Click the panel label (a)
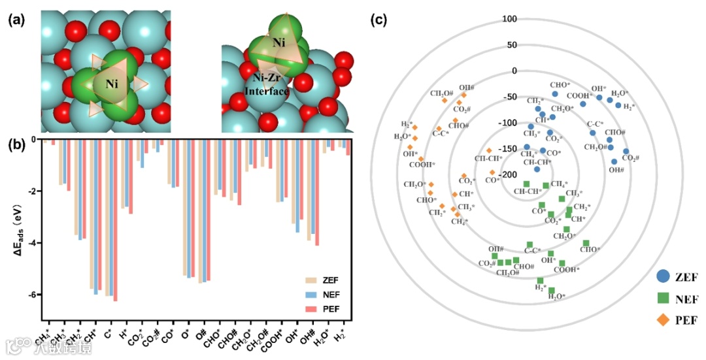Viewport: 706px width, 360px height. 16,19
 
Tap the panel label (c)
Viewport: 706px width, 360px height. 379,19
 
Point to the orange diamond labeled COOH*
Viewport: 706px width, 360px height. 421,159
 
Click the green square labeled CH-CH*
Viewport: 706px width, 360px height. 526,184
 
